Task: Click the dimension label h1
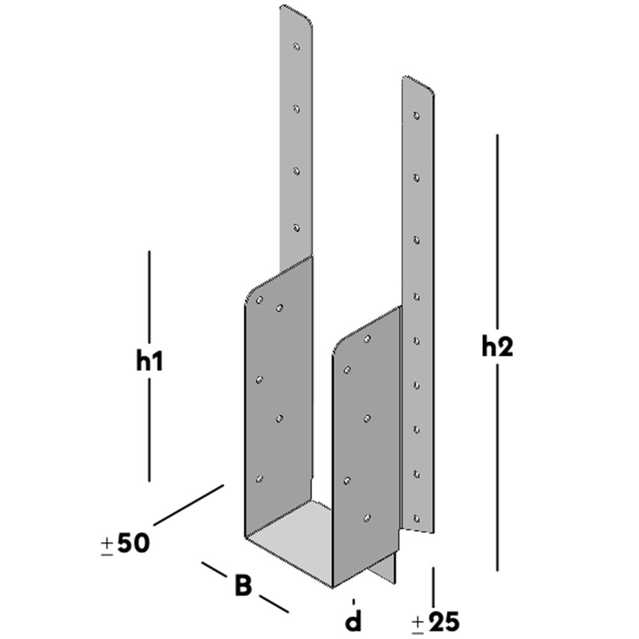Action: pos(150,362)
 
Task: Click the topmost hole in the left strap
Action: pos(296,46)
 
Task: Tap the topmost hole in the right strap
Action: pos(417,116)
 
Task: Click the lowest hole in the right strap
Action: pos(417,518)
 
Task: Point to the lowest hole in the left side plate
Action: pos(259,479)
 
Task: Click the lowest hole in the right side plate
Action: pos(367,517)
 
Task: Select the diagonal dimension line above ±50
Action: pos(189,505)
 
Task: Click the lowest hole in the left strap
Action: pos(296,227)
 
